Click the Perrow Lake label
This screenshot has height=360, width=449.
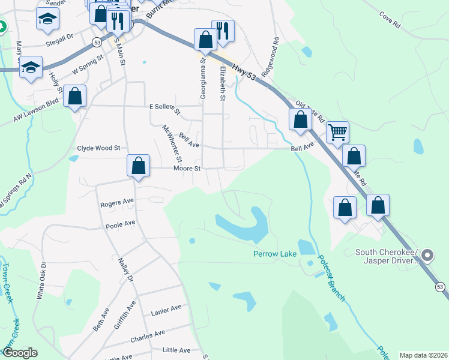pyautogui.click(x=275, y=254)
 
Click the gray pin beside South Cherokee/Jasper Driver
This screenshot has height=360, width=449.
pyautogui.click(x=427, y=256)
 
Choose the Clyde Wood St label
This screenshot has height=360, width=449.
pyautogui.click(x=99, y=148)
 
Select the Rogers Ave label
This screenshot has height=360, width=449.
pyautogui.click(x=117, y=203)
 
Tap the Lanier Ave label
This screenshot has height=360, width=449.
pyautogui.click(x=166, y=308)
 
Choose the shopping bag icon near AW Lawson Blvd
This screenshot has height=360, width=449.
pyautogui.click(x=74, y=96)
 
